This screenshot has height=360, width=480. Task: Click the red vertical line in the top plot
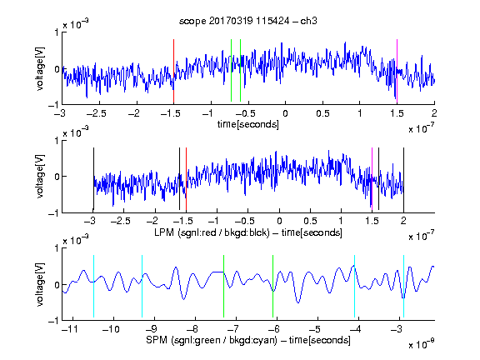pyautogui.click(x=173, y=72)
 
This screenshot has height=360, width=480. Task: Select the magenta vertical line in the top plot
pyautogui.click(x=397, y=72)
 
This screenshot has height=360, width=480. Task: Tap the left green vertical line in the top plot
pyautogui.click(x=231, y=70)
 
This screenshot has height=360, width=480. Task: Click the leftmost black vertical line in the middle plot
pyautogui.click(x=93, y=179)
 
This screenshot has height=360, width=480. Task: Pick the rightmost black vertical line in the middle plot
pyautogui.click(x=403, y=179)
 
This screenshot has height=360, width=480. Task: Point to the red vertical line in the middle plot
pyautogui.click(x=186, y=179)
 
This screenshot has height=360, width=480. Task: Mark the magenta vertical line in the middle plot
pyautogui.click(x=372, y=179)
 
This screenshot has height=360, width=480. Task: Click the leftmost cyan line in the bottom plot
pyautogui.click(x=93, y=286)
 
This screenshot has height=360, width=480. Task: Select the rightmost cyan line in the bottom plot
pyautogui.click(x=403, y=286)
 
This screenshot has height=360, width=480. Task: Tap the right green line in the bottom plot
pyautogui.click(x=272, y=286)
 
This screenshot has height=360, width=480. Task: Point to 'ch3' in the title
pyautogui.click(x=308, y=21)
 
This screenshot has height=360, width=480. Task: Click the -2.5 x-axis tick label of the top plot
pyautogui.click(x=97, y=113)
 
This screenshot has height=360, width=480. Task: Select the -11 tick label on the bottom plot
pyautogui.click(x=69, y=329)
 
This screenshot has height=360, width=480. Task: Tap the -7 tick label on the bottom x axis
pyautogui.click(x=233, y=329)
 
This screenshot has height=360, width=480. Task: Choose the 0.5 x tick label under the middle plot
pyautogui.click(x=310, y=221)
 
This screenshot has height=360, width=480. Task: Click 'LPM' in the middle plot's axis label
pyautogui.click(x=164, y=232)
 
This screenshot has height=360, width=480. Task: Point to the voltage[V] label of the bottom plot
pyautogui.click(x=40, y=284)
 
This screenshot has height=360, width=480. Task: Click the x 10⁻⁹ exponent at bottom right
pyautogui.click(x=421, y=344)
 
